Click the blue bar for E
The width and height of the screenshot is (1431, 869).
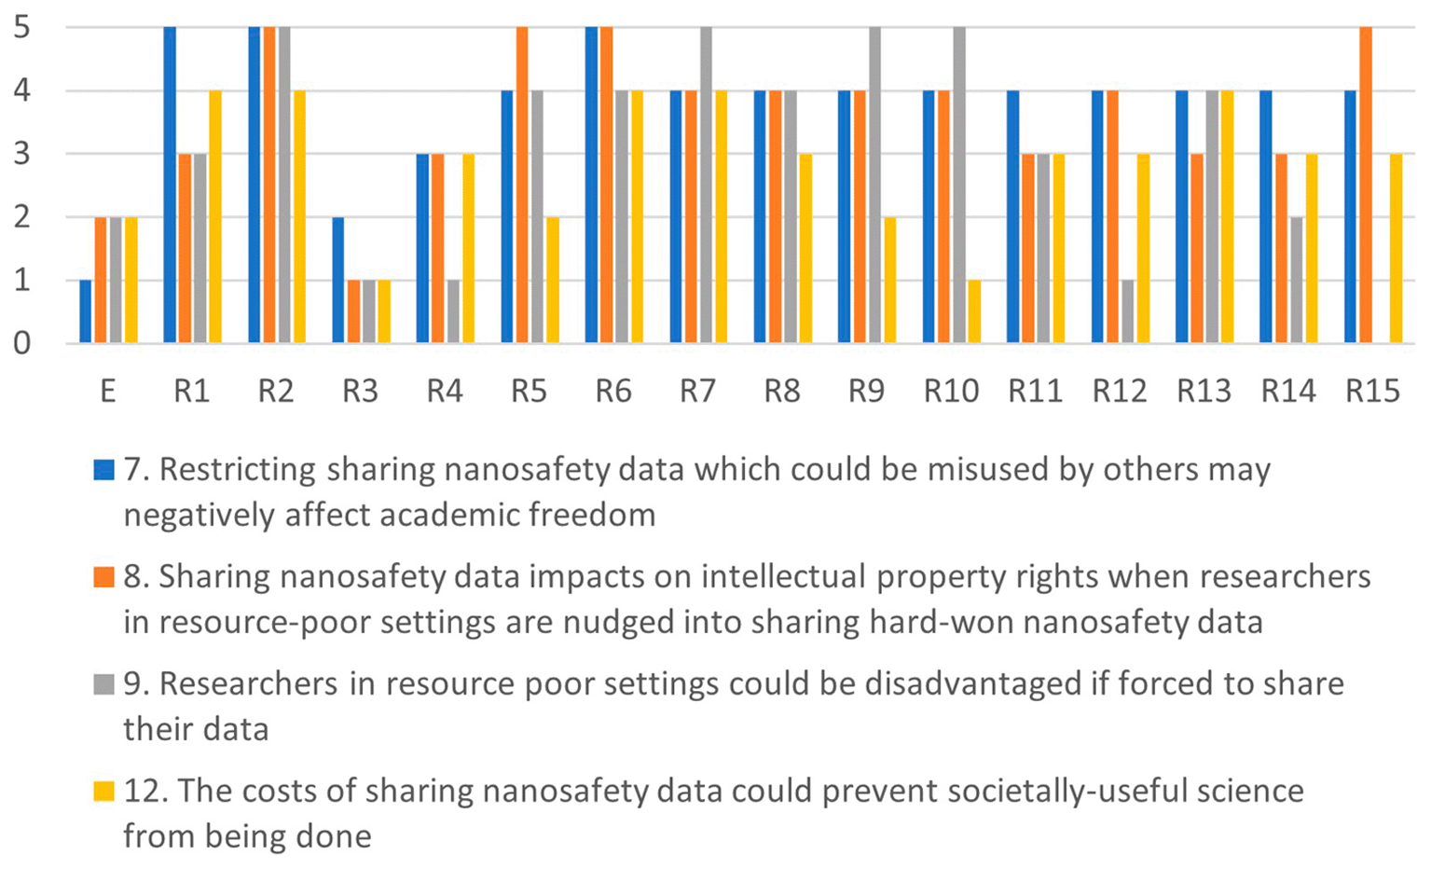tap(86, 311)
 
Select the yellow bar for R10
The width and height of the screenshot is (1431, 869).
tap(974, 311)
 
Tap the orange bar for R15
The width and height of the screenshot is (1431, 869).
tap(1366, 186)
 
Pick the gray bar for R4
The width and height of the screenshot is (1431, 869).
tap(453, 311)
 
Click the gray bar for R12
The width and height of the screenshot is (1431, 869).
tap(1128, 311)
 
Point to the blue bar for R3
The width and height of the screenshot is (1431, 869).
tap(338, 281)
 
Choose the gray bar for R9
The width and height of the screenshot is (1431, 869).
tap(875, 186)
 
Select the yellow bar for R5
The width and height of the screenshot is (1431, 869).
tap(553, 281)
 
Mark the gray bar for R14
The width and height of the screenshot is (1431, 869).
tap(1297, 281)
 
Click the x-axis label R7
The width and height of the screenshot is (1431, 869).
tap(697, 391)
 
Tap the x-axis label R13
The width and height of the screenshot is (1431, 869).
tap(1204, 391)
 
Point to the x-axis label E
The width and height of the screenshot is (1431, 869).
tap(108, 391)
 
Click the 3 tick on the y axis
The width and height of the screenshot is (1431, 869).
tap(21, 154)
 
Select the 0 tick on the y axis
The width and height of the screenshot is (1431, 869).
tap(21, 344)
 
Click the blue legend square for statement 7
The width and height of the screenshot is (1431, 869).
tap(104, 470)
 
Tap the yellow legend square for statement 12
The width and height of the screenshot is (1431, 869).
tap(104, 791)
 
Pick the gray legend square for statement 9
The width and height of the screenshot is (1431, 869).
tap(104, 684)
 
